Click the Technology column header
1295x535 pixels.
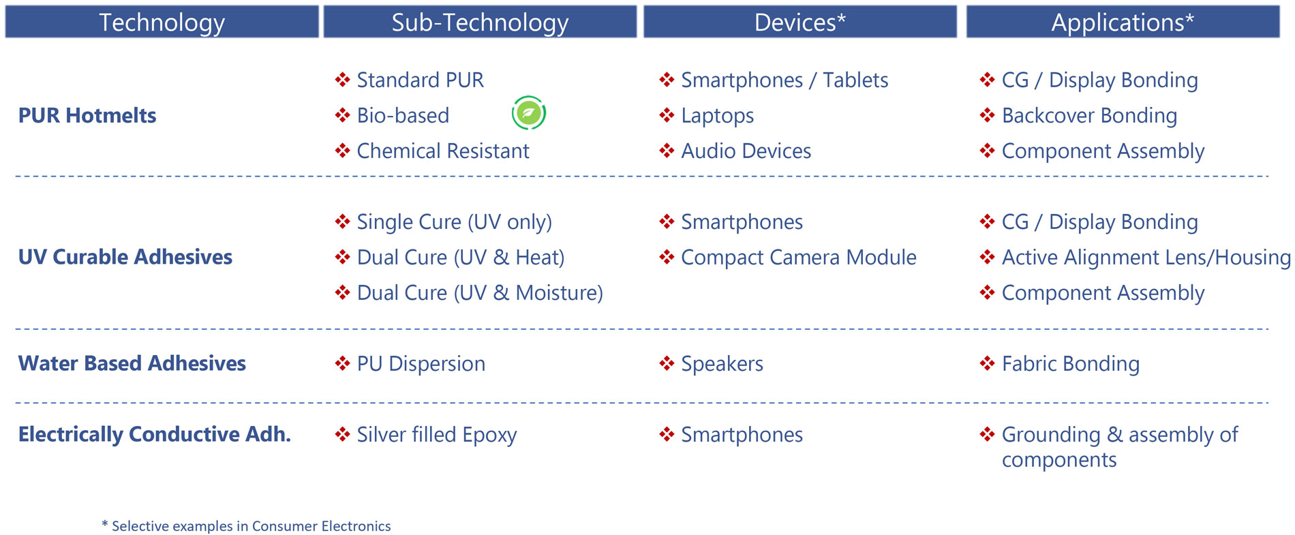tap(162, 22)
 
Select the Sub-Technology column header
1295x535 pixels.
tap(480, 22)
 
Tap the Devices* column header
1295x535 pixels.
tap(800, 22)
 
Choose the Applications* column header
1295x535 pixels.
tap(1123, 22)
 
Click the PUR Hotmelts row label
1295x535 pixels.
tap(87, 115)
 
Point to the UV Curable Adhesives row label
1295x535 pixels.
tap(125, 257)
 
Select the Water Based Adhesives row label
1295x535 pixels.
tap(132, 363)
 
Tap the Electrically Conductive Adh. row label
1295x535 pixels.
tap(155, 434)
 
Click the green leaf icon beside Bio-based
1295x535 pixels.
tap(529, 113)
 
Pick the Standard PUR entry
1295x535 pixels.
tap(421, 80)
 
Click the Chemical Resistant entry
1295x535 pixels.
tap(443, 151)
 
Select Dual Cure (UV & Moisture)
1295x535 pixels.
tap(480, 293)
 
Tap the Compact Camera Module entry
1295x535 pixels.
tap(799, 258)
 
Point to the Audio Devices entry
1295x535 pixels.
tap(746, 151)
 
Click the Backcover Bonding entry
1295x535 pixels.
tap(1090, 116)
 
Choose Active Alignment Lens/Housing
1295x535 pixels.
tap(1146, 258)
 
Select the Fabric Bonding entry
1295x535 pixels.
tap(1071, 364)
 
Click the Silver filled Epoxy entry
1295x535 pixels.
tap(437, 435)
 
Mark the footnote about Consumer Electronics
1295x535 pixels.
tap(246, 526)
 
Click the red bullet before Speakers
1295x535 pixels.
tap(667, 363)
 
